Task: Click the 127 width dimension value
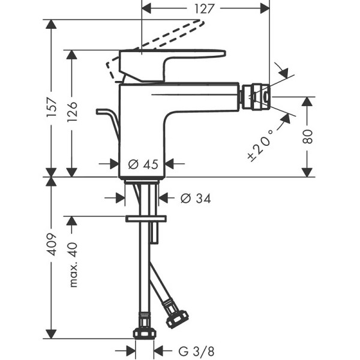tap(205, 8)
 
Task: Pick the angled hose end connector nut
tap(177, 317)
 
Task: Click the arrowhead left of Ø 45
tap(112, 163)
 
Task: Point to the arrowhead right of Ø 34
tap(163, 197)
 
